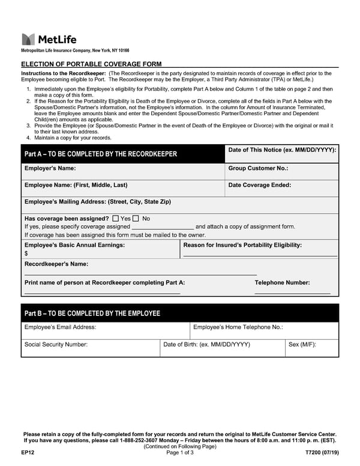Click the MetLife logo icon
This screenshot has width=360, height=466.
click(28, 40)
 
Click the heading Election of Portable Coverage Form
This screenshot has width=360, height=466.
click(91, 64)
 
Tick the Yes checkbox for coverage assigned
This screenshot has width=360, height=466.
click(115, 219)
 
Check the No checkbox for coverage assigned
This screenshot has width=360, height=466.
click(136, 219)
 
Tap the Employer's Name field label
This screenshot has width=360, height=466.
click(50, 169)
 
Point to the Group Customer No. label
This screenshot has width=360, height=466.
click(258, 169)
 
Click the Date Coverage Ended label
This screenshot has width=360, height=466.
click(260, 185)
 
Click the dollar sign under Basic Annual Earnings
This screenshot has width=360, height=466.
click(26, 253)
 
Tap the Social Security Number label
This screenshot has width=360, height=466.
click(56, 345)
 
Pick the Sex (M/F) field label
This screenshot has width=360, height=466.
click(302, 345)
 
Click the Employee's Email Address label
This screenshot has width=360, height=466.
click(60, 327)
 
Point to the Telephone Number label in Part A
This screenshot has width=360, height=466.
click(282, 282)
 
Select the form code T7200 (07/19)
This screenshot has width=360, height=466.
click(322, 452)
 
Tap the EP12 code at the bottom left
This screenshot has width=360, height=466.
click(27, 452)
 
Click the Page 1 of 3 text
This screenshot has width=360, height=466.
click(179, 452)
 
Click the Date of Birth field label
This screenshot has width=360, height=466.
click(206, 345)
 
